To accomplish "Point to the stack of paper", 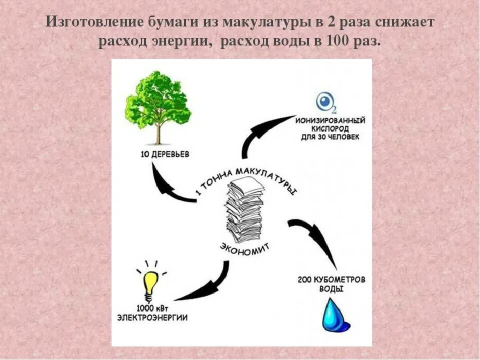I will coord(245,210).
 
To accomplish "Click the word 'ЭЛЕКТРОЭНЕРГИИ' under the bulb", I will coord(152,317).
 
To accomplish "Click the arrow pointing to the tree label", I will coord(170,185).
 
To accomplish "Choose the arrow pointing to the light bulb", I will coord(205,285).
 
